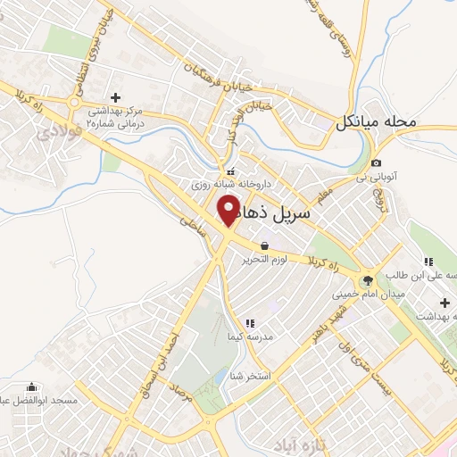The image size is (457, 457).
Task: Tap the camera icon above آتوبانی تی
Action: click(377, 163)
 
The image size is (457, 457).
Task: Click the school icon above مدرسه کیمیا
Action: click(250, 323)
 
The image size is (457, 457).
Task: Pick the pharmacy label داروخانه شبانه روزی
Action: click(236, 186)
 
